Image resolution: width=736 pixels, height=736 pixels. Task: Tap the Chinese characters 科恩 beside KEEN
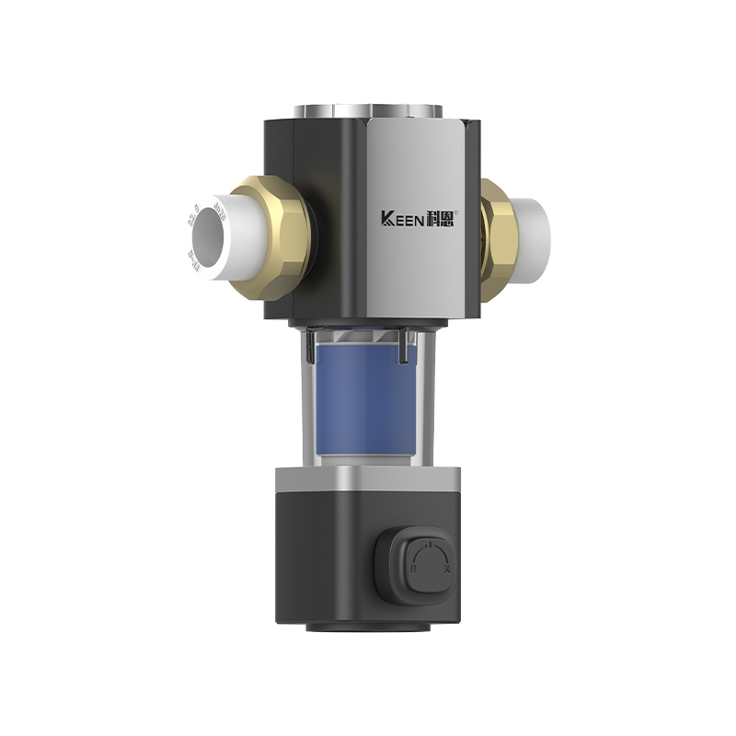[x=448, y=219]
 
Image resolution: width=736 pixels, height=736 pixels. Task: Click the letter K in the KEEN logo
[x=387, y=219]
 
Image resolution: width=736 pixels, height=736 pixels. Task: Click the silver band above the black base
[x=368, y=477]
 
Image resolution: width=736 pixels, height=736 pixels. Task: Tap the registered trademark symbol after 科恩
[x=469, y=212]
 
